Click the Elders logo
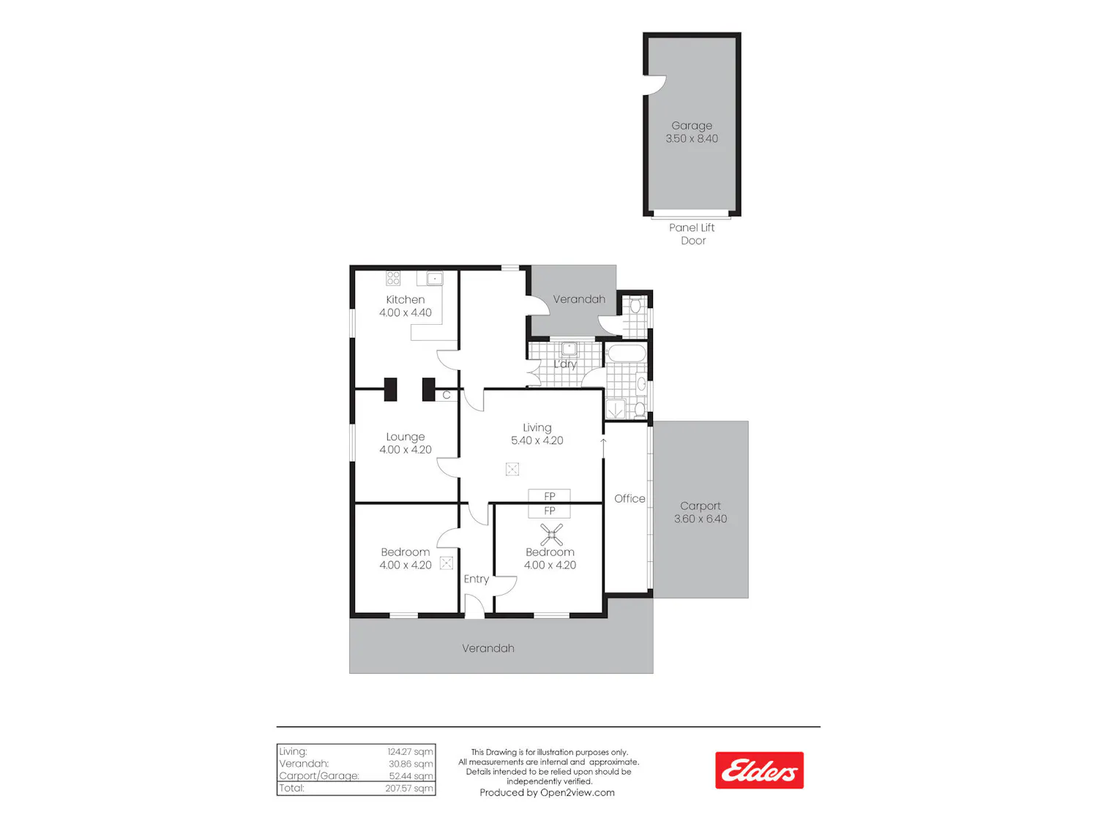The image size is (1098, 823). (x=759, y=770)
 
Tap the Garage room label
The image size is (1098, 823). (x=691, y=125)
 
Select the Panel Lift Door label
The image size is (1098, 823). (x=692, y=234)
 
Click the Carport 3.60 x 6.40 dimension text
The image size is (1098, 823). (x=701, y=519)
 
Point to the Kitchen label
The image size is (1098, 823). (x=406, y=299)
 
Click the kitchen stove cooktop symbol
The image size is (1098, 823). (x=393, y=278)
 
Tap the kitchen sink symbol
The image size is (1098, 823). (x=434, y=278)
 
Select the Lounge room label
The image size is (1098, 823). (x=406, y=437)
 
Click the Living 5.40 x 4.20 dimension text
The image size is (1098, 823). (x=537, y=440)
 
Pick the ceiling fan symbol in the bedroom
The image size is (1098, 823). (x=551, y=535)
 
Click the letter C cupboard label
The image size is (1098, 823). (x=447, y=395)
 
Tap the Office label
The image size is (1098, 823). (x=630, y=498)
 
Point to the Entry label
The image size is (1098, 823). (x=476, y=579)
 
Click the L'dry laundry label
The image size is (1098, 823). (x=565, y=364)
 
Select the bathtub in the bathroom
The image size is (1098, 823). (x=626, y=353)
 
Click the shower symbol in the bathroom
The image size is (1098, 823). (x=616, y=409)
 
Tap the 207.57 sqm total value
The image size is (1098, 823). (x=408, y=788)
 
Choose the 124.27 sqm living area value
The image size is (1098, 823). (x=410, y=751)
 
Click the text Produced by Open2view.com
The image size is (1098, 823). (x=547, y=792)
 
